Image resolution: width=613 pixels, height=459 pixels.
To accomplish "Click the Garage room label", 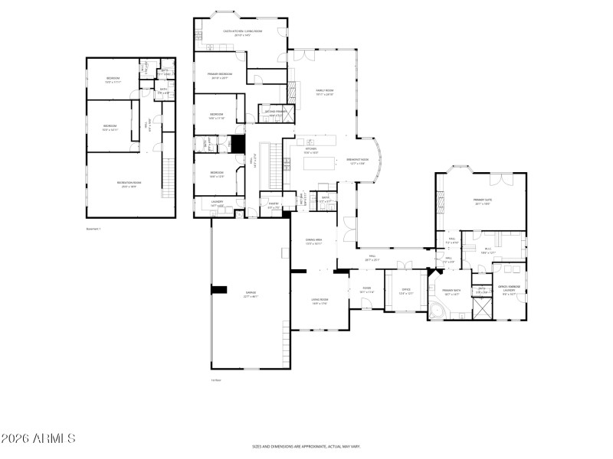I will click(251, 295).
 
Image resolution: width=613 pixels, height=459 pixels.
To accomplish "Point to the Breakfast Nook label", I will click(359, 161).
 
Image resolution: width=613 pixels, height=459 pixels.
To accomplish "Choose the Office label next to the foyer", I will click(406, 291).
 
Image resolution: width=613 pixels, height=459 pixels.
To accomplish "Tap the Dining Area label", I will click(313, 241).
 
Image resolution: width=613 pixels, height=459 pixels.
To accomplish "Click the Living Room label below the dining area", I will click(320, 301).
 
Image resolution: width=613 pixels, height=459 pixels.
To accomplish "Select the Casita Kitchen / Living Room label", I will click(242, 32).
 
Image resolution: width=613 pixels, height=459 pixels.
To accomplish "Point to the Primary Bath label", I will click(451, 291).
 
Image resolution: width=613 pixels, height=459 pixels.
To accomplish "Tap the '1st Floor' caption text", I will click(217, 379).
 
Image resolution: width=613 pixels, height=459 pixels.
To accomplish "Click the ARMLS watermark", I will click(38, 438).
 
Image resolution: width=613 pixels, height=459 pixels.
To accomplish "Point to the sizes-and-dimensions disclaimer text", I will click(306, 446).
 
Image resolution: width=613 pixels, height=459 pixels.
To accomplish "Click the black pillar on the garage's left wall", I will click(220, 289).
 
